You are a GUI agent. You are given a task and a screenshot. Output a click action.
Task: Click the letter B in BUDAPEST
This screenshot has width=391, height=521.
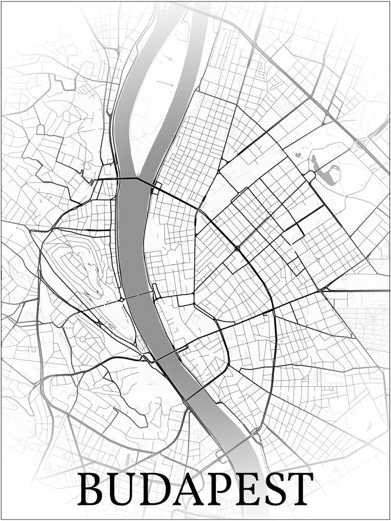[91, 489]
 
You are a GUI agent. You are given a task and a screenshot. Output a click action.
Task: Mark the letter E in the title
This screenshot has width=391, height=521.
[246, 489]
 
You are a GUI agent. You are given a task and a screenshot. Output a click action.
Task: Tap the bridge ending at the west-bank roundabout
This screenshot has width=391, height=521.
[138, 295]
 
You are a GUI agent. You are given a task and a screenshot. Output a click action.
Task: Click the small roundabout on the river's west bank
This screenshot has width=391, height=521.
[121, 300]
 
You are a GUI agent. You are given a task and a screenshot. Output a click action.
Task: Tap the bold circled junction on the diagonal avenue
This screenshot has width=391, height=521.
[237, 249]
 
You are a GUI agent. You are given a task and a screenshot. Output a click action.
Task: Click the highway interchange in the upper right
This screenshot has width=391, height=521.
[360, 143]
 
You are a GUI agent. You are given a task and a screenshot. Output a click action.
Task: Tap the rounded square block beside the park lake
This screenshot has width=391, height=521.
[310, 177]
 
